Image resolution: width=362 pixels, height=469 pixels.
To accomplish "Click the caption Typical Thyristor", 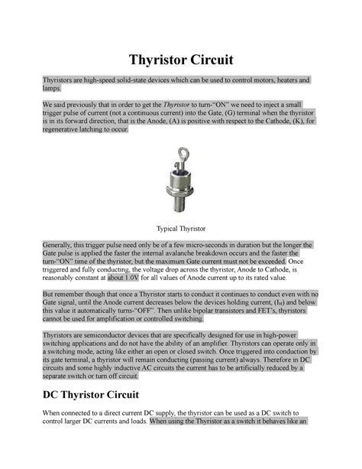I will (181, 228).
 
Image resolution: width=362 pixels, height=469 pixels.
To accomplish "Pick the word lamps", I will (51, 90).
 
